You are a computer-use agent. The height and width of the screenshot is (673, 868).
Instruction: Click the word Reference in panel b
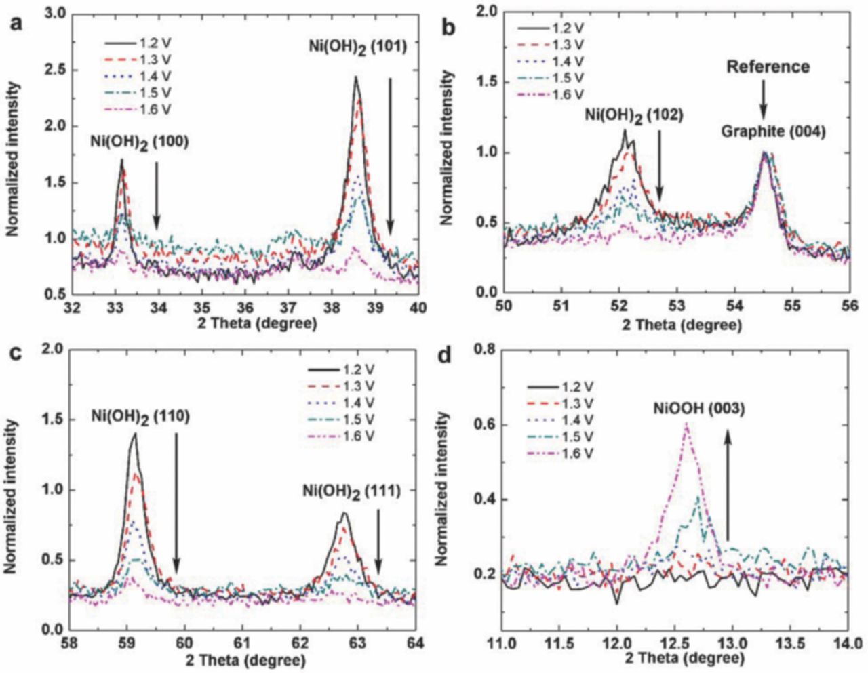(x=768, y=67)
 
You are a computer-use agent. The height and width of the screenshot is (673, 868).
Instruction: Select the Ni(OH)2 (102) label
(x=633, y=116)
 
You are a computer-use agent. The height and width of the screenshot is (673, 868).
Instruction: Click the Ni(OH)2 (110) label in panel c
(x=140, y=417)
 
